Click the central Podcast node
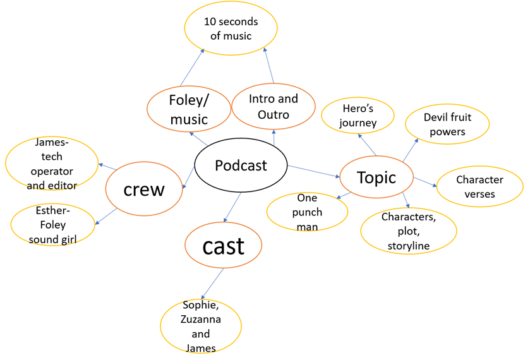(241, 165)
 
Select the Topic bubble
(376, 177)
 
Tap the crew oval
(144, 189)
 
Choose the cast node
(223, 246)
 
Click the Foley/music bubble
(188, 109)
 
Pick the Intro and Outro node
(273, 106)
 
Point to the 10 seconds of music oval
(231, 28)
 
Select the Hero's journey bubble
(358, 116)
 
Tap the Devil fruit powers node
(447, 124)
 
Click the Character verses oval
(479, 186)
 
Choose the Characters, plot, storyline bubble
(408, 231)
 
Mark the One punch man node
(307, 212)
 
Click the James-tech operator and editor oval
(52, 164)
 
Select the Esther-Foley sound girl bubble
(52, 224)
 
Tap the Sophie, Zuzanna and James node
(201, 327)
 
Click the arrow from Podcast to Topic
(313, 171)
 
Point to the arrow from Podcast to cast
(232, 208)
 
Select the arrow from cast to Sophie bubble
(212, 284)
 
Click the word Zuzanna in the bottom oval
(201, 320)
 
